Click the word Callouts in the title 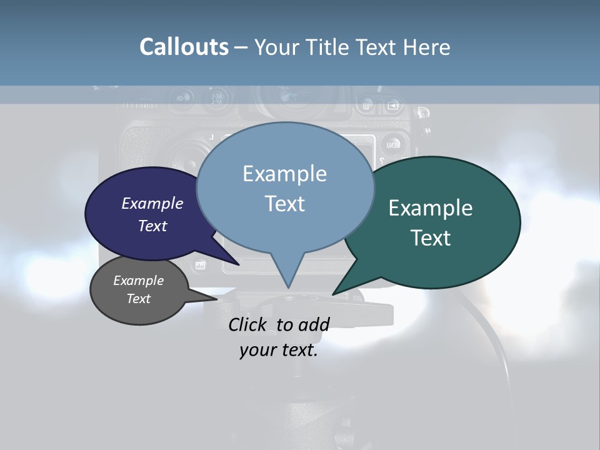pos(184,47)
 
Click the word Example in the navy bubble pos(152,203)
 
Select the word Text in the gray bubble pos(139,299)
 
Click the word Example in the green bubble pos(431,208)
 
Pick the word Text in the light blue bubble pos(285,204)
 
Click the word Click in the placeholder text pos(247,324)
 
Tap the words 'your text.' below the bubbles pos(279,351)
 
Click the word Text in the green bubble pos(431,238)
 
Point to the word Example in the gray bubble pos(139,281)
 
